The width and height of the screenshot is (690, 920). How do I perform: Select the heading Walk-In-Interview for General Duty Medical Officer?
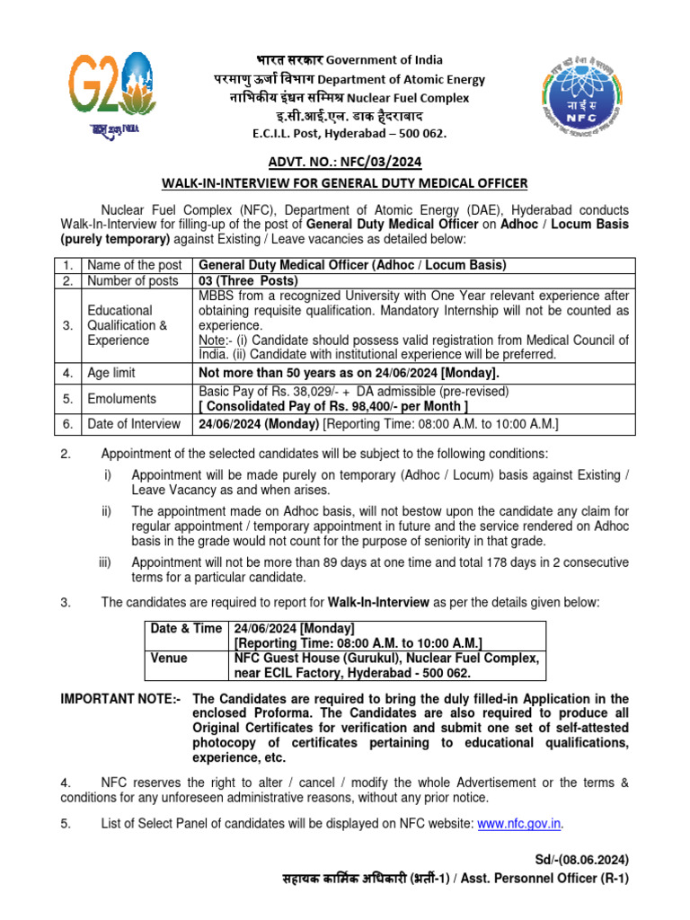(x=344, y=183)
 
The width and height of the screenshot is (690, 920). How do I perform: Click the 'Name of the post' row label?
(x=134, y=265)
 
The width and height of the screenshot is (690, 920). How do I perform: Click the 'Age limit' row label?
(x=112, y=373)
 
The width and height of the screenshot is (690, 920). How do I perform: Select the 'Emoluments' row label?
(x=121, y=398)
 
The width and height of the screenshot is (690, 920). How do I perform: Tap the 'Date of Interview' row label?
(x=132, y=423)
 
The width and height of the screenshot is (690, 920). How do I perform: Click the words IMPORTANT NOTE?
(x=118, y=698)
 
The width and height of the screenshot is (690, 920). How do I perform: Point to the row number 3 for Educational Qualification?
(x=67, y=324)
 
